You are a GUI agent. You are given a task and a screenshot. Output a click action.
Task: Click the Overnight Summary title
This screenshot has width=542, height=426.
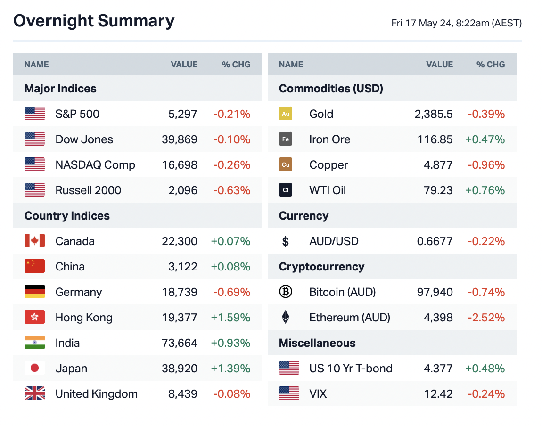point(94,21)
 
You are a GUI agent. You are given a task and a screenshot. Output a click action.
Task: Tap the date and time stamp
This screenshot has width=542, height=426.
point(456,23)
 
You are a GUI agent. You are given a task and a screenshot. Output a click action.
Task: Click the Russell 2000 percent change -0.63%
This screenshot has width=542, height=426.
point(231,190)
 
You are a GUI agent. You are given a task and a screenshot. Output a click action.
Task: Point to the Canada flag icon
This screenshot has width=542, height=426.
point(34,241)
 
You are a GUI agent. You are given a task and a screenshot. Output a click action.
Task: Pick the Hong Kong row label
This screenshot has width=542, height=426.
point(84,318)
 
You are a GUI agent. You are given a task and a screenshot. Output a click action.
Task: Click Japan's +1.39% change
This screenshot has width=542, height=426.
point(230,369)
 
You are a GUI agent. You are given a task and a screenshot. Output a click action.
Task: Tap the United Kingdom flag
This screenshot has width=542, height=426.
point(34,394)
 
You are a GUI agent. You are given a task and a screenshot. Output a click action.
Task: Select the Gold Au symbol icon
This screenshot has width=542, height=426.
point(286,114)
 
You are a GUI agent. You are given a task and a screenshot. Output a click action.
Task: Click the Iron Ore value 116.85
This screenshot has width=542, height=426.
point(435,139)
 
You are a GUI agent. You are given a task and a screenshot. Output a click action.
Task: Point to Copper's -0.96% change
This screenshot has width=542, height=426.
point(486,165)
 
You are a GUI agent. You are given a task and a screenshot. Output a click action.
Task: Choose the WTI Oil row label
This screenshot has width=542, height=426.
point(328,190)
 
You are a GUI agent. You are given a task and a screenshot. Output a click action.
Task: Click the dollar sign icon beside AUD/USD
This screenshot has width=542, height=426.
point(286,242)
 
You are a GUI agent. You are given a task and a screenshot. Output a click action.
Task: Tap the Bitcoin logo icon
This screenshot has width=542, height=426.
point(286,292)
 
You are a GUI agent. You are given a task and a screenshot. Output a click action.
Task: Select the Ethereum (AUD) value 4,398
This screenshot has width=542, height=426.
point(438,318)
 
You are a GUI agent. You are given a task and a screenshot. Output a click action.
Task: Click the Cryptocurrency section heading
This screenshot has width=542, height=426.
point(321,267)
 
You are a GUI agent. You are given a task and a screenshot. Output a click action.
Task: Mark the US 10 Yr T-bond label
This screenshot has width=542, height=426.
point(351,369)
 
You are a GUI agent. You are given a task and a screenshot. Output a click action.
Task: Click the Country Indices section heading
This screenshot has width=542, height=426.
point(67,216)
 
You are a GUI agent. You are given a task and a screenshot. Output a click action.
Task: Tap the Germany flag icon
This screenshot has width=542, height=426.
point(34,292)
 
